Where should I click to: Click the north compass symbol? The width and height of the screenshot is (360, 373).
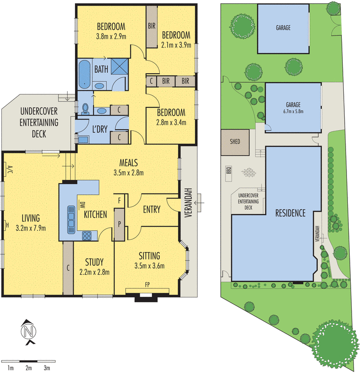click(28, 332)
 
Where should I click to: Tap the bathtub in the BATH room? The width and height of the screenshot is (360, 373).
click(84, 74)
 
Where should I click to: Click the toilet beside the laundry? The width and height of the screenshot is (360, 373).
click(85, 109)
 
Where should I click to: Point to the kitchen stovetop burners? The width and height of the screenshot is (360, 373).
click(87, 235)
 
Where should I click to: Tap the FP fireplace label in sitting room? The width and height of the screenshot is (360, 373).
click(148, 284)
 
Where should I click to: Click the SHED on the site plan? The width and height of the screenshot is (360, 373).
click(235, 142)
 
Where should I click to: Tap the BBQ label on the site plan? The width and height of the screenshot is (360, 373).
click(229, 171)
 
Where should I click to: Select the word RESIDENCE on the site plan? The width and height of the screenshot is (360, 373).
click(290, 213)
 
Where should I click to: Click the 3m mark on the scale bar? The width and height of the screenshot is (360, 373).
click(47, 368)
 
